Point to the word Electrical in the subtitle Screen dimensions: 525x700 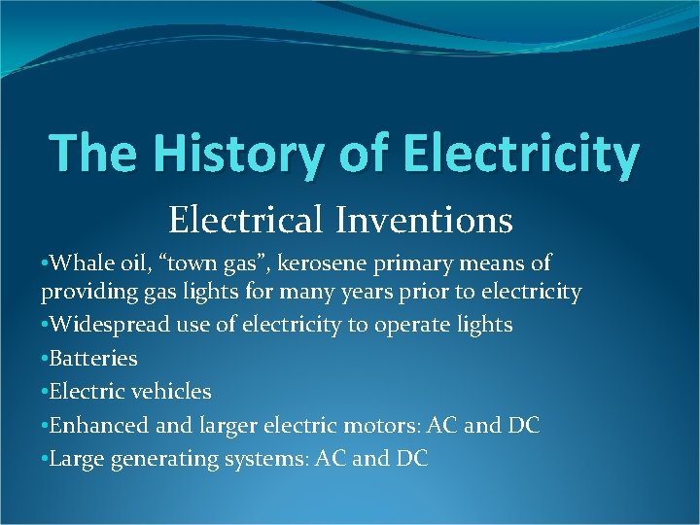pos(246,221)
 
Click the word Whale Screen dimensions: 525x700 pos(77,262)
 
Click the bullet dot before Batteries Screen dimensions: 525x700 pos(45,359)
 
